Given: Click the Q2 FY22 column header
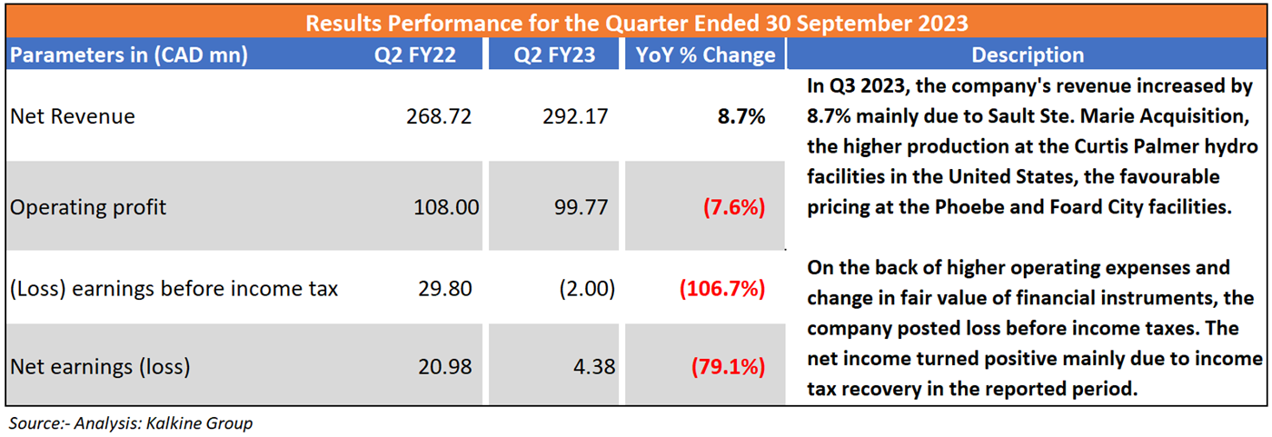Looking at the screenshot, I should (415, 55).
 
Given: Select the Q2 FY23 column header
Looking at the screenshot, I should (554, 55).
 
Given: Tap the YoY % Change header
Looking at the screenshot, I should (706, 55).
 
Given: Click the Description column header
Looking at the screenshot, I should (1028, 55).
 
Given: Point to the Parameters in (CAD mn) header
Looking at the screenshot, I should (128, 55).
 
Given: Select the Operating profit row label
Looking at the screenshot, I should (88, 207).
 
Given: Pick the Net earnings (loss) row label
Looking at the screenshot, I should (100, 367).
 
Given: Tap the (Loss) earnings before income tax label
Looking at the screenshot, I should (174, 289).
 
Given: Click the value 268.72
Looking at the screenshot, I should (440, 116).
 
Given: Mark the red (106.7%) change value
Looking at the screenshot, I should (721, 289).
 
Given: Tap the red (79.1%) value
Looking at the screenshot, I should (728, 367).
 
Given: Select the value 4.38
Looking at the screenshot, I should (595, 367).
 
